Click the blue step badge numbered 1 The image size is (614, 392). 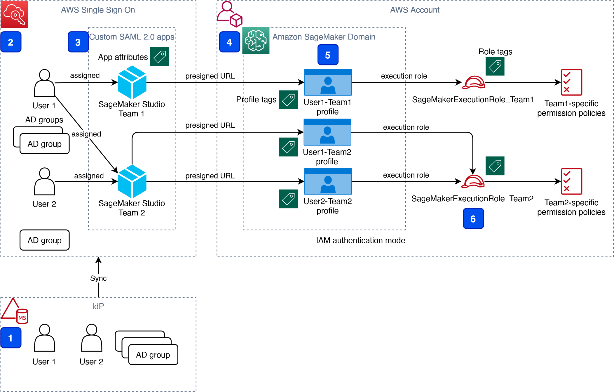point(11,338)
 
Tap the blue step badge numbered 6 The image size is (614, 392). point(473,218)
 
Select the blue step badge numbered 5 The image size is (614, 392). point(328,55)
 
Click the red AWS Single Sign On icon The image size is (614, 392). point(14,14)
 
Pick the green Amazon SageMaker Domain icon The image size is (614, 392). point(256,41)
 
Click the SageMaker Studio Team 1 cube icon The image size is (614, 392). point(132,82)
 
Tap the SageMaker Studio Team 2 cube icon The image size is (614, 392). point(132,181)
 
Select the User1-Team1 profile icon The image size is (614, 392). point(328,82)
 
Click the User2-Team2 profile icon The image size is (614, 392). point(328,181)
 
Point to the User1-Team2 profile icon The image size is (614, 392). point(327,132)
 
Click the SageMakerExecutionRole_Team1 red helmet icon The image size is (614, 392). point(474,82)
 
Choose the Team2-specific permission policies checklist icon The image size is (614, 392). point(571,181)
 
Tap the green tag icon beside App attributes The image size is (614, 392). point(160,57)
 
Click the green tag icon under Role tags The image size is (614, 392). point(495,66)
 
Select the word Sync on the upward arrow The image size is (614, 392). point(98,278)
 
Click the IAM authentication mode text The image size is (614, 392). point(361,240)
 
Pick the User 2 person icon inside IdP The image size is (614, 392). point(92,338)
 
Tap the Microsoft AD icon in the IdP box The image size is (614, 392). point(15,311)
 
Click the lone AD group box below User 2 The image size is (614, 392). point(45,240)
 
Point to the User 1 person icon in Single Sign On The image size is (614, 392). point(44,83)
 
